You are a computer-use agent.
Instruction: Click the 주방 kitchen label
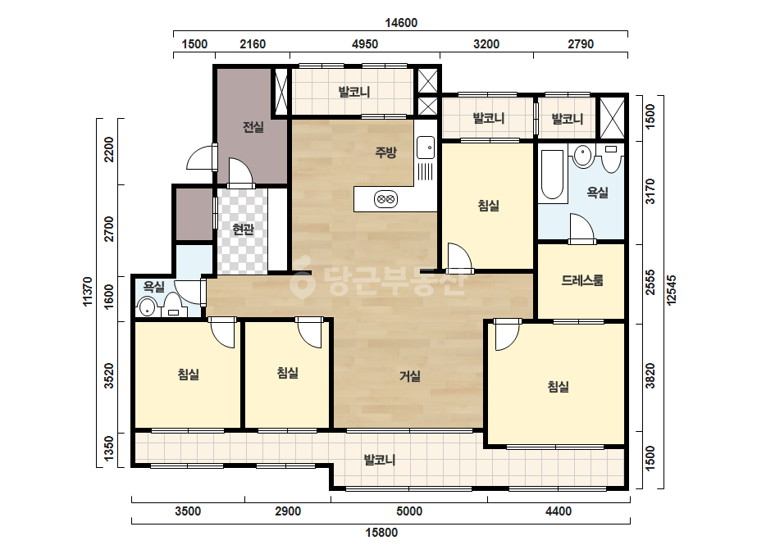[385, 152]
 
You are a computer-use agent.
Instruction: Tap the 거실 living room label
[410, 376]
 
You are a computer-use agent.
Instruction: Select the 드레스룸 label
[582, 280]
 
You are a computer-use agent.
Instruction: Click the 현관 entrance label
[243, 229]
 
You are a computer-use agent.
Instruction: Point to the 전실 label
[253, 127]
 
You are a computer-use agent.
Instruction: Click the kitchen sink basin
[426, 148]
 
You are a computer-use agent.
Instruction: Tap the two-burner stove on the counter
[385, 199]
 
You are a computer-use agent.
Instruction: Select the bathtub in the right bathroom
[553, 175]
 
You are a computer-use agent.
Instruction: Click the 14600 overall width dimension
[401, 23]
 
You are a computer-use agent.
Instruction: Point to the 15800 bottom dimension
[381, 533]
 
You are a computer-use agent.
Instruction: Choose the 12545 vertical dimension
[672, 290]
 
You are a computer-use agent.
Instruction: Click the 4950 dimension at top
[365, 44]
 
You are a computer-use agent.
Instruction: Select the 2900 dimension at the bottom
[288, 511]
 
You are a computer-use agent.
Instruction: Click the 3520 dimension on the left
[109, 376]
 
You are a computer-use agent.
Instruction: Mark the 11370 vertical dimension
[88, 292]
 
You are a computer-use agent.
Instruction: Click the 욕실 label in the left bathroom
[154, 287]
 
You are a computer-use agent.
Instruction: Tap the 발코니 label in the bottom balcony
[380, 460]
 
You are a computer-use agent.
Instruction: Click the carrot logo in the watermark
[301, 281]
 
